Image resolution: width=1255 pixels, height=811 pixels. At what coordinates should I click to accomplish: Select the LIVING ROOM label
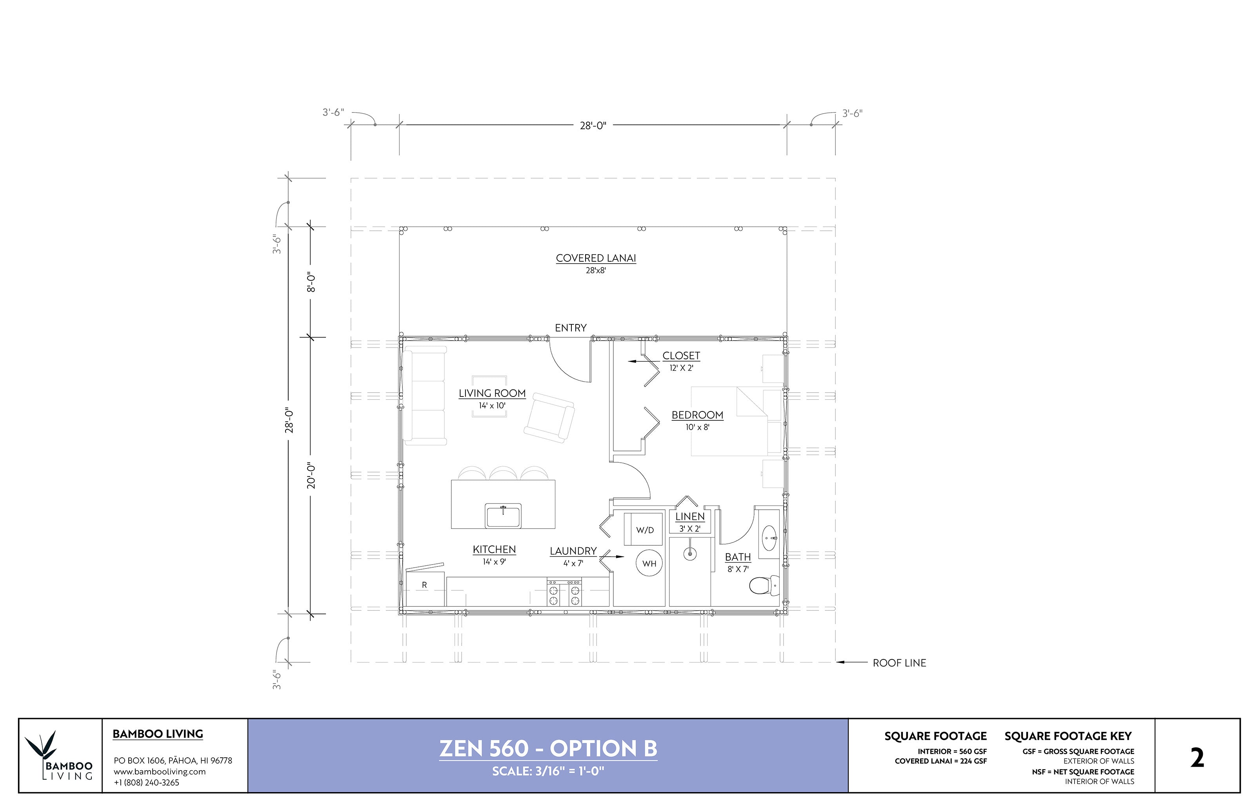[492, 393]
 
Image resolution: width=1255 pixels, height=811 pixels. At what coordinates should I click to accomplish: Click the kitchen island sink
[503, 516]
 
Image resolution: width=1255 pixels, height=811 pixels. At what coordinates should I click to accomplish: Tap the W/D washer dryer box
[644, 529]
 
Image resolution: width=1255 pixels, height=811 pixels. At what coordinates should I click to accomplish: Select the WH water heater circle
[649, 563]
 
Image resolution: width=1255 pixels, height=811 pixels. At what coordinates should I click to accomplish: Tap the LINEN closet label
[689, 517]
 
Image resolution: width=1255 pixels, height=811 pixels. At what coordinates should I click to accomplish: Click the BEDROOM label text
[697, 415]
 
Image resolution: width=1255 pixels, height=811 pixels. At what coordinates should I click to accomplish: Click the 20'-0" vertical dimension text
[311, 476]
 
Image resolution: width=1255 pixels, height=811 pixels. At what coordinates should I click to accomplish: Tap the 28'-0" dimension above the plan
[593, 125]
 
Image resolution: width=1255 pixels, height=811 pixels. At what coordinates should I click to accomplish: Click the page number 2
[1197, 759]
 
